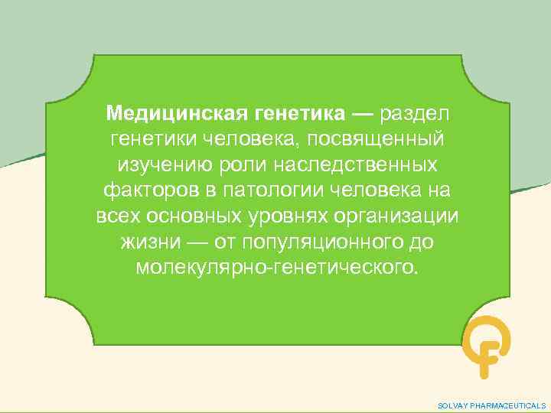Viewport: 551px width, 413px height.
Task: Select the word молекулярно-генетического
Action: (x=277, y=268)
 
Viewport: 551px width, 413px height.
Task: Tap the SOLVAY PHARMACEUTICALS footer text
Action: (x=491, y=405)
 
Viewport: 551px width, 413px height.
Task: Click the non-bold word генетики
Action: (x=154, y=141)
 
